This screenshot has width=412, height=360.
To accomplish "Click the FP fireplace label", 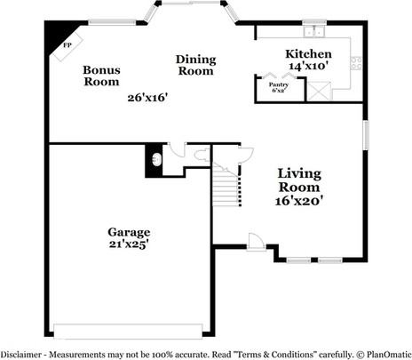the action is (67, 45).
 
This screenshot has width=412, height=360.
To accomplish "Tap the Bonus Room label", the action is (101, 76).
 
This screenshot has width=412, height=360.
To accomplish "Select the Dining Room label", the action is (195, 65).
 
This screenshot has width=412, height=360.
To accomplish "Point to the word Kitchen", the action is (308, 54).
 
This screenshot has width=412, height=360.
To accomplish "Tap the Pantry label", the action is (278, 84).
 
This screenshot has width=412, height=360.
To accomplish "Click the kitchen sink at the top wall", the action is (314, 31).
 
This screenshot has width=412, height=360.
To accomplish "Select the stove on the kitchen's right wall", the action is (356, 63).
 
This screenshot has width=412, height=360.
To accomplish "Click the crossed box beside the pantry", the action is (319, 91).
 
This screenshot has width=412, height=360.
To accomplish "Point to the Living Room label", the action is (299, 180).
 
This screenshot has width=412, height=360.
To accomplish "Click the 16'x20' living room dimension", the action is (298, 201).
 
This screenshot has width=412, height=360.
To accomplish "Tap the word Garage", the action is (129, 232).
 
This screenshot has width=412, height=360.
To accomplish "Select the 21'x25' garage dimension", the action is (129, 244).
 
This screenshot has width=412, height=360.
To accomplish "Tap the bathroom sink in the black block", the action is (156, 159).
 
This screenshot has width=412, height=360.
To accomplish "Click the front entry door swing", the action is (257, 242).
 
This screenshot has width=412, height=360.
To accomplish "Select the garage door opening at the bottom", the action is (128, 332).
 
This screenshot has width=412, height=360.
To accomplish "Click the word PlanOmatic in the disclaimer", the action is (389, 355).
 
